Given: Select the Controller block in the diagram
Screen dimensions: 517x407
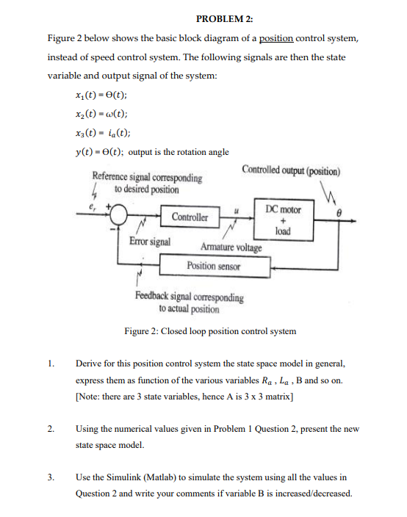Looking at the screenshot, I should click(190, 217).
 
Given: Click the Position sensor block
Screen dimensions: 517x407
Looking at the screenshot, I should click(213, 265).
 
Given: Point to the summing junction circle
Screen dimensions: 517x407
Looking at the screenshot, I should click(120, 217).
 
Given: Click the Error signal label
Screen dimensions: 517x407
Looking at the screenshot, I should click(150, 241).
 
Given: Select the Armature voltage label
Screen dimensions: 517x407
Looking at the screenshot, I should click(231, 247).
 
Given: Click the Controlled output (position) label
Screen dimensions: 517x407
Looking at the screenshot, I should click(290, 170).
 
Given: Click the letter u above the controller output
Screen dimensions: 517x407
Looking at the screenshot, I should click(237, 209).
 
